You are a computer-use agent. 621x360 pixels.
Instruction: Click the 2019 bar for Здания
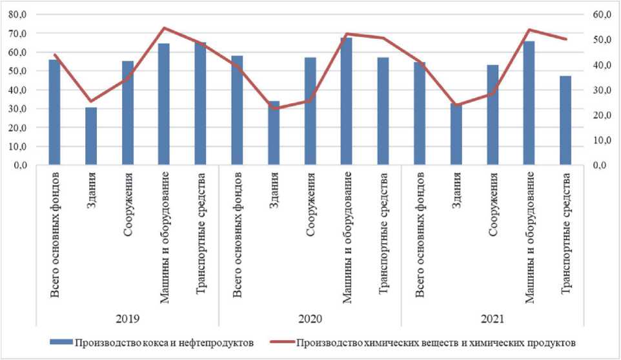[x=91, y=136]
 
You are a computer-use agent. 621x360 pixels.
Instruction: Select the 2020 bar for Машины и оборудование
[x=347, y=101]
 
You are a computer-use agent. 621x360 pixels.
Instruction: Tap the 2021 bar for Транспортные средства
[x=565, y=121]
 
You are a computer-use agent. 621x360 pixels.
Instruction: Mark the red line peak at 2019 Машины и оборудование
[x=164, y=28]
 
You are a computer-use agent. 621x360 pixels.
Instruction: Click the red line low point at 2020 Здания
[x=274, y=108]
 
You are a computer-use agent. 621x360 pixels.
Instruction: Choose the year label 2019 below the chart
[x=128, y=319]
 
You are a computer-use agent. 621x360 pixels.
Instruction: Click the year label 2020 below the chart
[x=310, y=319]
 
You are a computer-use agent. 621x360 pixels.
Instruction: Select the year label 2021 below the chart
[x=493, y=319]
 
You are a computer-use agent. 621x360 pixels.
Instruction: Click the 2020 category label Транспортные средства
[x=383, y=234]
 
